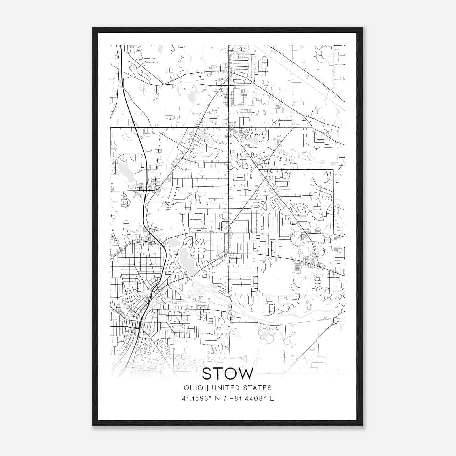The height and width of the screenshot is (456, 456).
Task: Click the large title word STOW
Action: point(227,374)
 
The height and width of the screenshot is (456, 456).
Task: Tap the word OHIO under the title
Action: point(194,388)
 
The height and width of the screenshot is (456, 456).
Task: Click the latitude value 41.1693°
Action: point(198,398)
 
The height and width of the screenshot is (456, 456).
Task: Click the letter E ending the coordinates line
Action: point(272,398)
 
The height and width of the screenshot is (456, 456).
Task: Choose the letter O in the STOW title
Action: point(229,374)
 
